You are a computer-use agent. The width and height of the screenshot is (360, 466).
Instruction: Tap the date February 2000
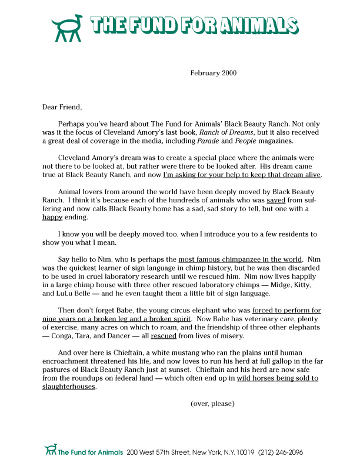pyautogui.click(x=212, y=73)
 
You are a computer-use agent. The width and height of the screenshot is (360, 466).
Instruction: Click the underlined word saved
pyautogui.click(x=276, y=200)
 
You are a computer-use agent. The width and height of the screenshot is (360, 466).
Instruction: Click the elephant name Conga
pyautogui.click(x=65, y=337)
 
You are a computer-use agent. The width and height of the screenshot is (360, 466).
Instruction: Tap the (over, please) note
pyautogui.click(x=212, y=404)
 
